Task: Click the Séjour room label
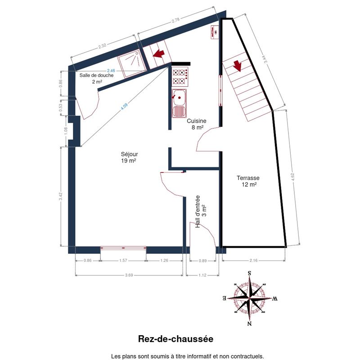click(x=129, y=157)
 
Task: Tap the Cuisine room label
click(x=197, y=124)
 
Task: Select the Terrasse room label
click(x=248, y=181)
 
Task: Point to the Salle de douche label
click(x=97, y=78)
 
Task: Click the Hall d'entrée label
click(x=201, y=211)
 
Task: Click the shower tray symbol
click(x=132, y=63)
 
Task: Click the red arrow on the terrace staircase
click(x=238, y=66)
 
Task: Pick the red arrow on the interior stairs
click(x=159, y=54)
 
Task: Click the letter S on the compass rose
click(x=249, y=273)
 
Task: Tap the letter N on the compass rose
click(x=250, y=324)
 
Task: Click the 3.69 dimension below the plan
click(x=129, y=275)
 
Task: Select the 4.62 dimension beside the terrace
click(x=293, y=177)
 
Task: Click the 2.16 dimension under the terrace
click(x=253, y=261)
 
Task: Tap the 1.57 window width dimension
click(x=123, y=261)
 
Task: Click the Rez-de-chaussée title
click(x=175, y=339)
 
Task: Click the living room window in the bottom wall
click(x=123, y=248)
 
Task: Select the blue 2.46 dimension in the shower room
click(x=111, y=71)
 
